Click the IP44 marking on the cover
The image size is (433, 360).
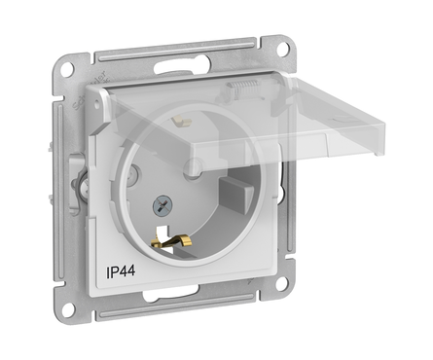(x=121, y=271)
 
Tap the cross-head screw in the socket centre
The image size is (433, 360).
(x=162, y=205)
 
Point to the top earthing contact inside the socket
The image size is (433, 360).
(x=182, y=121)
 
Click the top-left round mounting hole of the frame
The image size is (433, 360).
(x=67, y=69)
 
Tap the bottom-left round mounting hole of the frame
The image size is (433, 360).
(x=67, y=309)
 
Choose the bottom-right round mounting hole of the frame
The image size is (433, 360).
(x=281, y=283)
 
